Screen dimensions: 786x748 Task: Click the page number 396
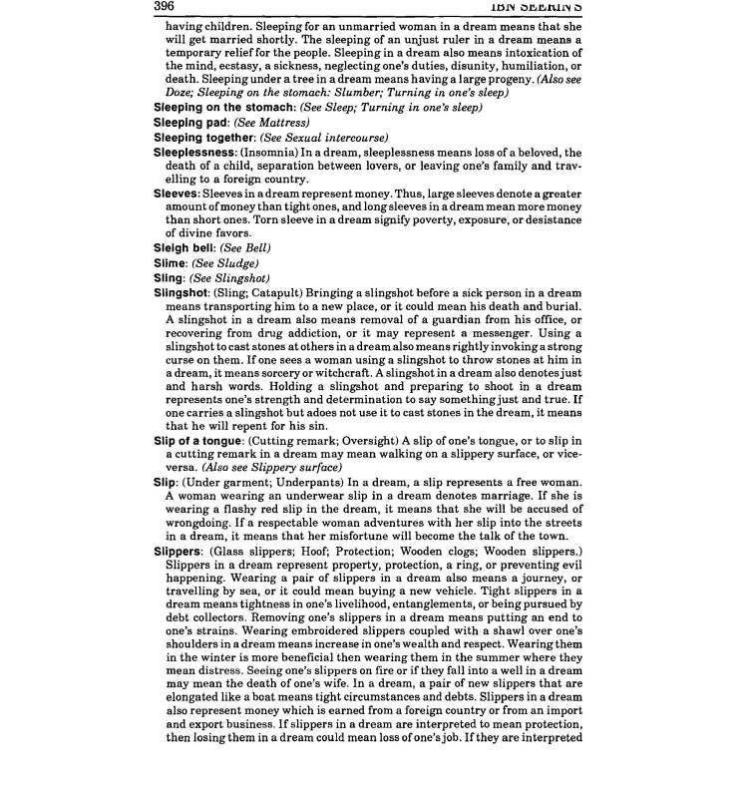[165, 7]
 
